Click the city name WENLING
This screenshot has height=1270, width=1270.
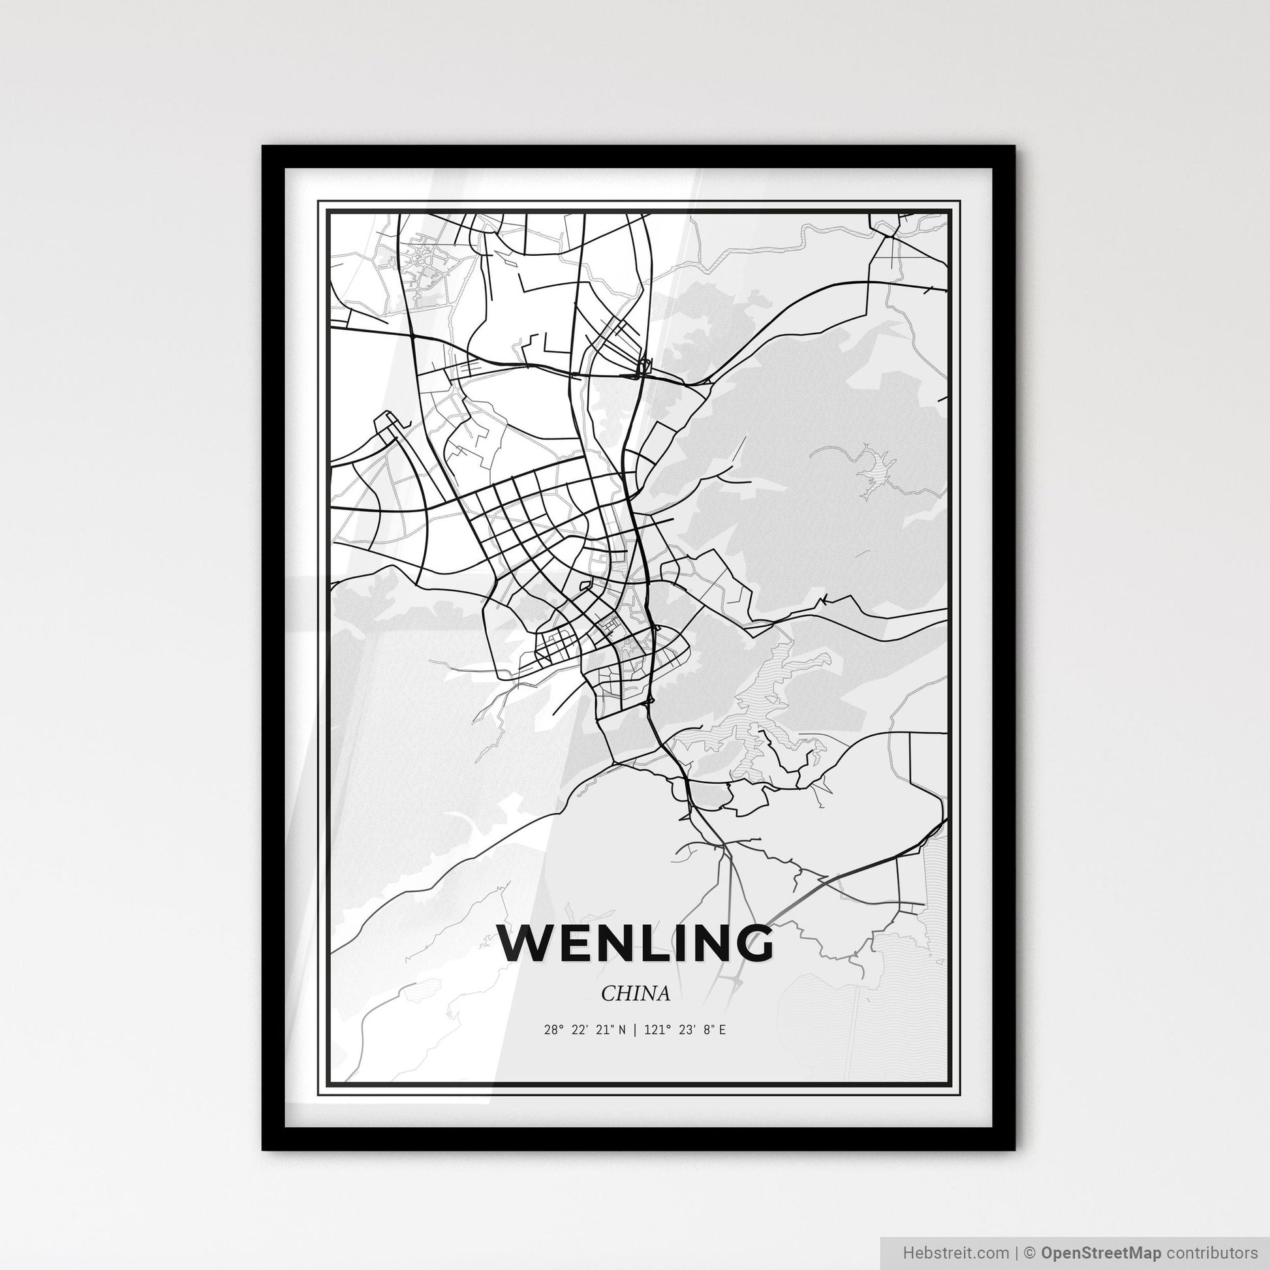[635, 943]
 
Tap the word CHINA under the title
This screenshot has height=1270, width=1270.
[636, 993]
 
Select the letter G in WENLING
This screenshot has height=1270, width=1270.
[750, 943]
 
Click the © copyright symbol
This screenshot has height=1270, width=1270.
[1030, 1252]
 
